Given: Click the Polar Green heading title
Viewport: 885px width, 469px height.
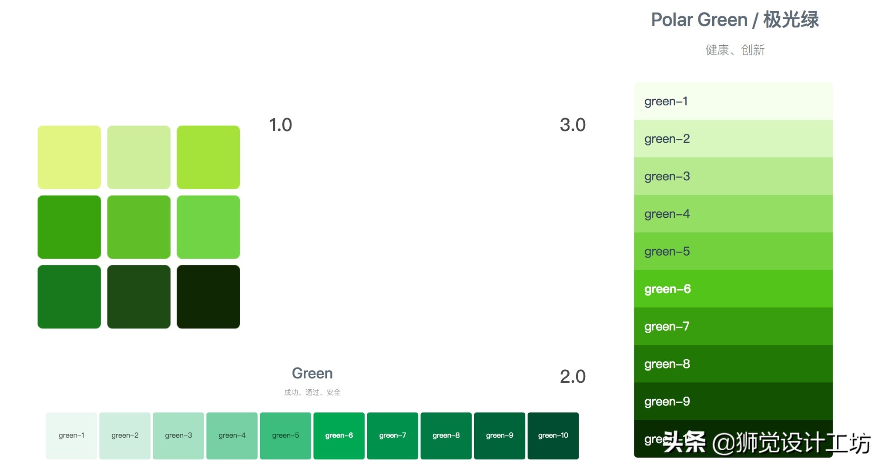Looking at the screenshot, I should [x=734, y=20].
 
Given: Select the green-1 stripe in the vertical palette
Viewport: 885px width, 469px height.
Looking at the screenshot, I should [x=733, y=101].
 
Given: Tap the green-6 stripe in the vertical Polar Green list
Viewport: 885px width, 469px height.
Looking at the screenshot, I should [x=733, y=289].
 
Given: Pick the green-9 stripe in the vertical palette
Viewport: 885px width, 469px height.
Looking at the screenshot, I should [x=733, y=401].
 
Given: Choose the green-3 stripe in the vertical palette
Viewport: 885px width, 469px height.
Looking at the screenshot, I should [x=733, y=176].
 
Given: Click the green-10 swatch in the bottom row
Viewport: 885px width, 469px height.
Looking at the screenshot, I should [x=553, y=435].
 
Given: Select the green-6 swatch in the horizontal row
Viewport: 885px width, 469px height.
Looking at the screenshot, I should [x=339, y=435].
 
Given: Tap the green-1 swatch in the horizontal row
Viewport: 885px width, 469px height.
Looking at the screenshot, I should [x=71, y=435].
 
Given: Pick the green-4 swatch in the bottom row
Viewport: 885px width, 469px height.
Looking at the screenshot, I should [x=231, y=435].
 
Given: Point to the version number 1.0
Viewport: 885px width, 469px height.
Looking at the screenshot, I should [x=280, y=125].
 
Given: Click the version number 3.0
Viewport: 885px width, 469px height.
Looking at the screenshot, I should [x=572, y=125].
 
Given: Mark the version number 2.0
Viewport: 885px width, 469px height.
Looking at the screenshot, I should [x=572, y=377].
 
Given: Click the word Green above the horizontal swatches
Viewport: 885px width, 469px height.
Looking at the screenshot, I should [x=312, y=373].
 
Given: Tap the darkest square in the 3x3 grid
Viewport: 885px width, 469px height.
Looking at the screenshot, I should [x=208, y=297].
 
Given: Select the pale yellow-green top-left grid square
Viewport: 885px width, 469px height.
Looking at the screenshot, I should [x=69, y=157].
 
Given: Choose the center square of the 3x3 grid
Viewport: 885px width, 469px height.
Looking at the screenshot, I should [x=139, y=227].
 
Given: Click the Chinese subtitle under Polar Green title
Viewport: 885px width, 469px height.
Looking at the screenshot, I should [x=734, y=50].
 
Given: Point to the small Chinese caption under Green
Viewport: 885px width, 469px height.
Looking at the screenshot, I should [x=312, y=392].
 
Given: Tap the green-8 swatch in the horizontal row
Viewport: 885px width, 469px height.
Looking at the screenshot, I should [x=446, y=435].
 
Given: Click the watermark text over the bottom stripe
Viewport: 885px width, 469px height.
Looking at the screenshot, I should [x=766, y=442].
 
